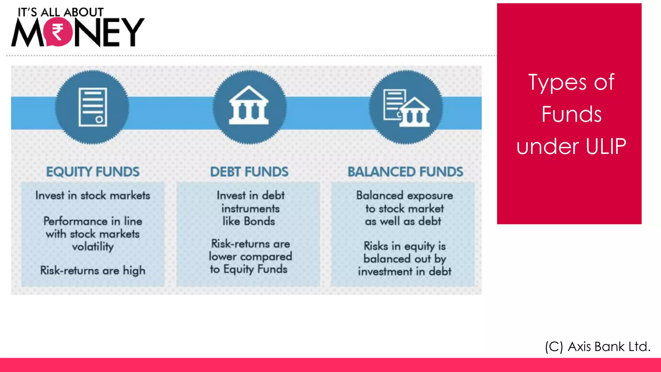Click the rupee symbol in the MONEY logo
(x=58, y=32)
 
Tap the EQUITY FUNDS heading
(x=93, y=172)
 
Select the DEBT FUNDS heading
(x=249, y=172)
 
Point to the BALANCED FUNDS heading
(x=405, y=172)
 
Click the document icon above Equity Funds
(x=93, y=107)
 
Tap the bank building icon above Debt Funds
(x=249, y=106)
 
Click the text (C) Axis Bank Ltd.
(x=597, y=346)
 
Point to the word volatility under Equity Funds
(x=93, y=247)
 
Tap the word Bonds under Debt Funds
(x=259, y=222)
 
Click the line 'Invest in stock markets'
(x=93, y=195)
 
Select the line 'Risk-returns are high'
(x=93, y=270)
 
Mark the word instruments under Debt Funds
(x=250, y=209)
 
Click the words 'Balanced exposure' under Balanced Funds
(x=404, y=195)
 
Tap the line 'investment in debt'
(x=404, y=272)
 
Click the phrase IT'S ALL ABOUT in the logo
(x=60, y=12)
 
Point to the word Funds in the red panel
(x=571, y=114)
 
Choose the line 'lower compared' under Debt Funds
(x=250, y=257)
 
